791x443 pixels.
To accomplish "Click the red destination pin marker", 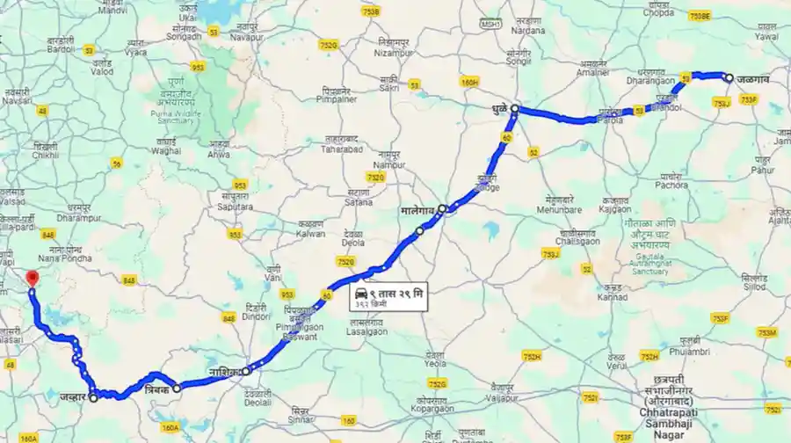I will tap(33, 278).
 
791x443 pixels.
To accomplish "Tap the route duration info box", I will tap(387, 296).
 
